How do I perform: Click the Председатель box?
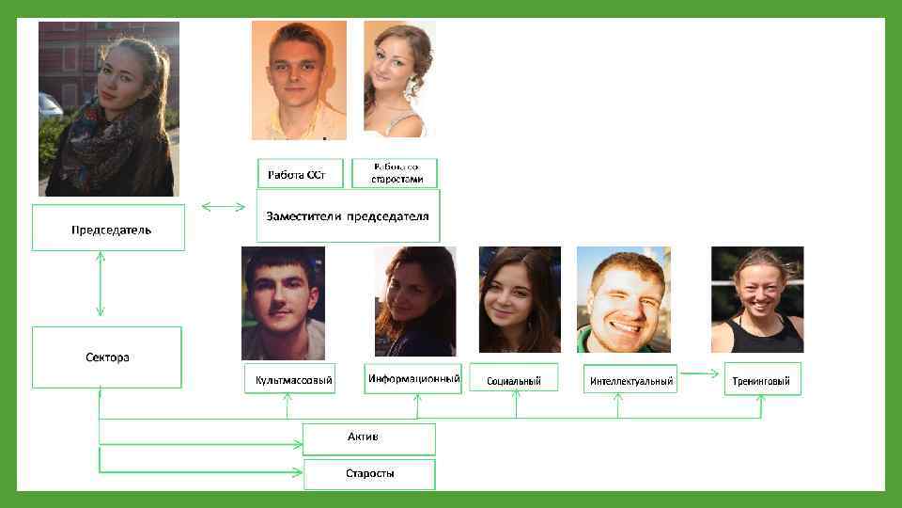click(108, 229)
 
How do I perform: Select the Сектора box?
click(107, 357)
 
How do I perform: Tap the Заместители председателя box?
click(348, 216)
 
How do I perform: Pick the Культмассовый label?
click(288, 380)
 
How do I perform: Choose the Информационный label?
click(414, 378)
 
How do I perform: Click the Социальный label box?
click(514, 379)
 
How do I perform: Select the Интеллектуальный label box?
click(630, 380)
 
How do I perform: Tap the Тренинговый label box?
click(762, 379)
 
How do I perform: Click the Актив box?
click(369, 438)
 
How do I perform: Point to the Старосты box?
click(369, 474)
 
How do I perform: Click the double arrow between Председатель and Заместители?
click(223, 205)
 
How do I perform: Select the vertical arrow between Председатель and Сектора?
click(100, 287)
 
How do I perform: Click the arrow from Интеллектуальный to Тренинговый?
click(700, 374)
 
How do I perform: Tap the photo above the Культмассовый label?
click(284, 302)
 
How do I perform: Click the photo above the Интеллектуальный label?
click(624, 299)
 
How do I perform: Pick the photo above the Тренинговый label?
click(757, 299)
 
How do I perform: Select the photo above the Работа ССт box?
click(298, 80)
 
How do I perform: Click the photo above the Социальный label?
click(520, 299)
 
